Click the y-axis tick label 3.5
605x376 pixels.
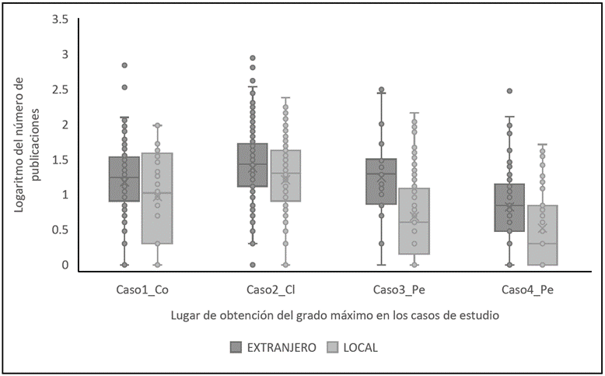click(x=60, y=19)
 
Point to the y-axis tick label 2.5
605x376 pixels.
click(x=60, y=90)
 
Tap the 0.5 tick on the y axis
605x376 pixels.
click(x=60, y=230)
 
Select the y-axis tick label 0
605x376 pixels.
click(x=66, y=265)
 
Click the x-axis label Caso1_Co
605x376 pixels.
click(x=141, y=291)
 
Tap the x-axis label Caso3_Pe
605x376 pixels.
click(x=398, y=291)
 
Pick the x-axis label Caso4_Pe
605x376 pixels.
click(x=526, y=291)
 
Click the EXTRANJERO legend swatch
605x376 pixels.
click(x=236, y=348)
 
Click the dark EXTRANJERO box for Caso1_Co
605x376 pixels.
click(x=124, y=179)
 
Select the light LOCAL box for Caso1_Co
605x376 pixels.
click(x=157, y=199)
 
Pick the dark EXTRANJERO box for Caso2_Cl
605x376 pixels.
click(x=253, y=165)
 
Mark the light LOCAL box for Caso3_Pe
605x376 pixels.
click(x=414, y=220)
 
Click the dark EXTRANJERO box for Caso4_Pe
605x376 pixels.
click(x=509, y=207)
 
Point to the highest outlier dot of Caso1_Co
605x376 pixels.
click(x=124, y=65)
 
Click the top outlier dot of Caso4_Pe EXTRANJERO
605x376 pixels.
click(x=509, y=91)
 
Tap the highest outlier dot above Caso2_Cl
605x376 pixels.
click(x=253, y=58)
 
